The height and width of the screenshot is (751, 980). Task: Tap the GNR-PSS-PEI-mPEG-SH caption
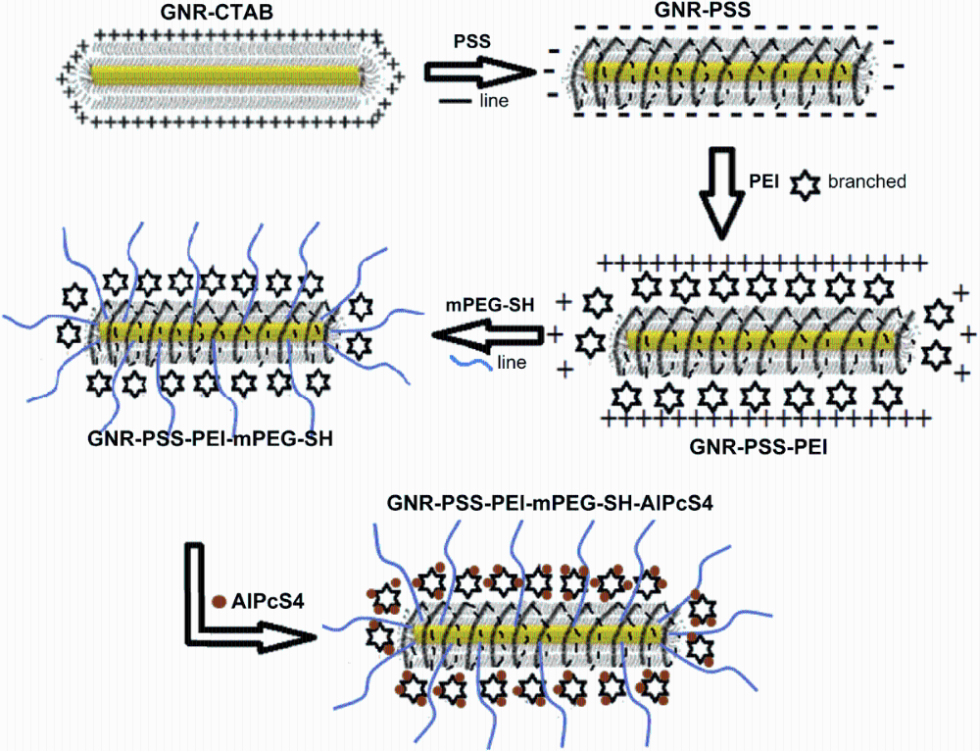click(211, 438)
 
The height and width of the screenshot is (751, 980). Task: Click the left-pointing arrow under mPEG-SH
click(489, 335)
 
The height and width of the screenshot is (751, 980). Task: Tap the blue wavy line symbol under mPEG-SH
click(464, 362)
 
